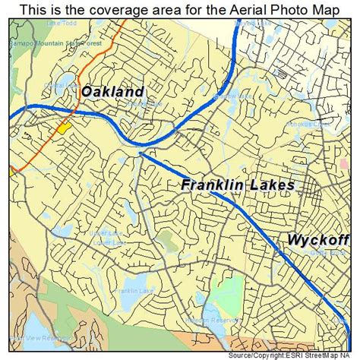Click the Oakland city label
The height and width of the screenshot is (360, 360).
tap(112, 92)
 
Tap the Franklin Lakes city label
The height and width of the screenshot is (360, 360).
tap(238, 185)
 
